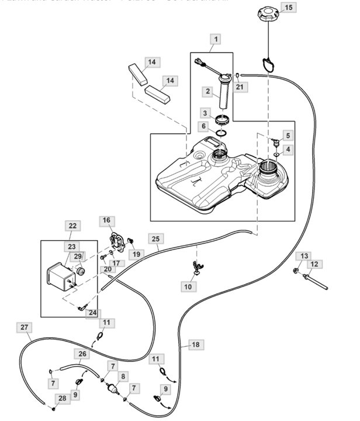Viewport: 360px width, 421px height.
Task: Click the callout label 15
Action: coord(289,8)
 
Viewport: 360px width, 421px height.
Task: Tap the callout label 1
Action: coord(216,40)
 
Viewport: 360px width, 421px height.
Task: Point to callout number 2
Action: coord(207,91)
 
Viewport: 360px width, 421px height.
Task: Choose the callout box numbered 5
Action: coord(287,136)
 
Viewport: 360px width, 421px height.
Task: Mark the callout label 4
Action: coord(287,150)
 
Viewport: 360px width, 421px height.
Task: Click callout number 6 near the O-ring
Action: coord(204,126)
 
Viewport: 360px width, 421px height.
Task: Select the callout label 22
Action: coord(72,226)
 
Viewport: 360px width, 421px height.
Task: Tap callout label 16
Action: coord(106,220)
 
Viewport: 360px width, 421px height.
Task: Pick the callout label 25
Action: coord(155,239)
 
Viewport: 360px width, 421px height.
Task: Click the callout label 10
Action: coord(188,287)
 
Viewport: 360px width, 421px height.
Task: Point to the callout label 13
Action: coord(304,256)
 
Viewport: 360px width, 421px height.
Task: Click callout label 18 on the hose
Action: coord(195,344)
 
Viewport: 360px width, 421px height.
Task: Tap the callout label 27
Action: coord(24,327)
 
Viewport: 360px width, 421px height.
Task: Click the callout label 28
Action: coord(61,398)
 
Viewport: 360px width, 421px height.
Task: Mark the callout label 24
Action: coord(92,313)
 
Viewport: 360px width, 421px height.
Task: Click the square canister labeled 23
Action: coord(58,274)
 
